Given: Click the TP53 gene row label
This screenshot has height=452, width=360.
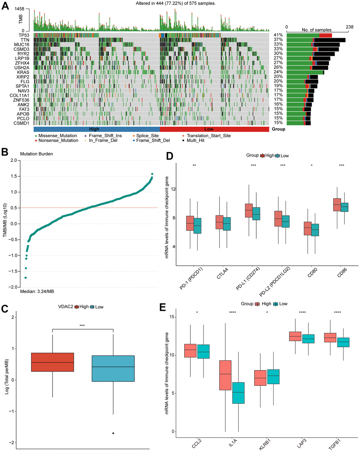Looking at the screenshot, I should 24,35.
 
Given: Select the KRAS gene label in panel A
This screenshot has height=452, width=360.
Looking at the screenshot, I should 24,72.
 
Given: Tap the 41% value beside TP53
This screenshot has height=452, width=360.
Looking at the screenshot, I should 278,35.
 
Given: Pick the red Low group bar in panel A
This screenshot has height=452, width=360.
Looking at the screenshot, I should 214,129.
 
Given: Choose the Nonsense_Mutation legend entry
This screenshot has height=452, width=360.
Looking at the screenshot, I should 58,140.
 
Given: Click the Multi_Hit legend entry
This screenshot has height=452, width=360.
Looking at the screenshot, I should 197,140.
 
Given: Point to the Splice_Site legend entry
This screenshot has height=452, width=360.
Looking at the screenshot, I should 147,135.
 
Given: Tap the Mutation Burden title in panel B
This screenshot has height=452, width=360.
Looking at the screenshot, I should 36,154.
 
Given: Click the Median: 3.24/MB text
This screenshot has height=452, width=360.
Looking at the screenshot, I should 37,291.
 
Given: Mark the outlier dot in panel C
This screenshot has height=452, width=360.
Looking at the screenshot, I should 113,433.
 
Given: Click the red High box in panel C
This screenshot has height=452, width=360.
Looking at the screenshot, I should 53,362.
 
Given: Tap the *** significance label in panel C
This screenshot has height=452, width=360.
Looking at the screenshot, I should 82,326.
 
